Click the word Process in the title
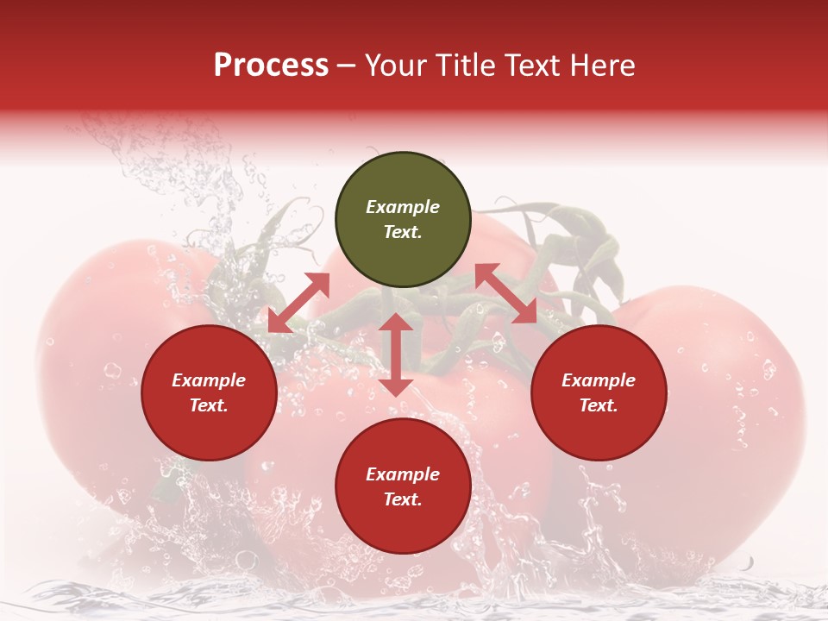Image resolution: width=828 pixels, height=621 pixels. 271,66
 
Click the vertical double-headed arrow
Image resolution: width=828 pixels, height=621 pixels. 396,354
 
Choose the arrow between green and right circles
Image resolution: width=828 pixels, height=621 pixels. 506,293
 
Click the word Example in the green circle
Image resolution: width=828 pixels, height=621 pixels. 403,207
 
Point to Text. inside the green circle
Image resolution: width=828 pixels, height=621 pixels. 403,232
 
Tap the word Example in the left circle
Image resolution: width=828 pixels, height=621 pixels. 209,380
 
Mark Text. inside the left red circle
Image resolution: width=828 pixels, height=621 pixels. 209,405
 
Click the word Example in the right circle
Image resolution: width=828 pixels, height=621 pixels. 599,380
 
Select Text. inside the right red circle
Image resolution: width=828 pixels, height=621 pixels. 599,405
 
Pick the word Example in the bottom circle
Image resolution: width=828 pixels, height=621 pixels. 403,474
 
